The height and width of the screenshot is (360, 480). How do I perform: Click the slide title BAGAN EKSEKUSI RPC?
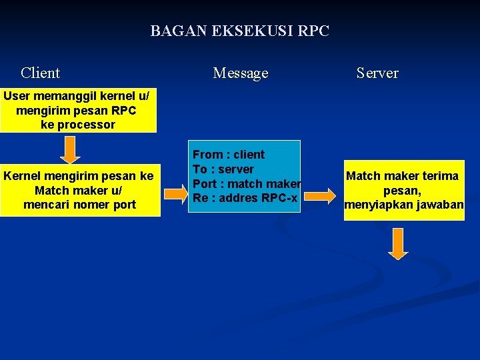pyautogui.click(x=239, y=31)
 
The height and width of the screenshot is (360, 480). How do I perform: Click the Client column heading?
pyautogui.click(x=40, y=73)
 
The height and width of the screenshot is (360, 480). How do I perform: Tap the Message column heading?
pyautogui.click(x=240, y=73)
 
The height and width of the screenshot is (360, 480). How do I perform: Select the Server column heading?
pyautogui.click(x=377, y=73)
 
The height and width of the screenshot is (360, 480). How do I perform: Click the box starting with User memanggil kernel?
pyautogui.click(x=77, y=110)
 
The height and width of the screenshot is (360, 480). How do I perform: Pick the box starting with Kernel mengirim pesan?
pyautogui.click(x=79, y=190)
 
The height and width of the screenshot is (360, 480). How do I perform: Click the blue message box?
pyautogui.click(x=243, y=177)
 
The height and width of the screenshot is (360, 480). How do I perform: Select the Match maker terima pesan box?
pyautogui.click(x=403, y=190)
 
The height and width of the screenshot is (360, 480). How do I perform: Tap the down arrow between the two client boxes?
pyautogui.click(x=70, y=150)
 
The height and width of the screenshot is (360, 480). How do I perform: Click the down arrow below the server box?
pyautogui.click(x=398, y=243)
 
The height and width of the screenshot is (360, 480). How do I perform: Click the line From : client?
pyautogui.click(x=229, y=155)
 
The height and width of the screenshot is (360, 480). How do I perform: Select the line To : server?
pyautogui.click(x=223, y=169)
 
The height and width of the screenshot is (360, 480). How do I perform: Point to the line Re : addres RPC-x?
pyautogui.click(x=244, y=198)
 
